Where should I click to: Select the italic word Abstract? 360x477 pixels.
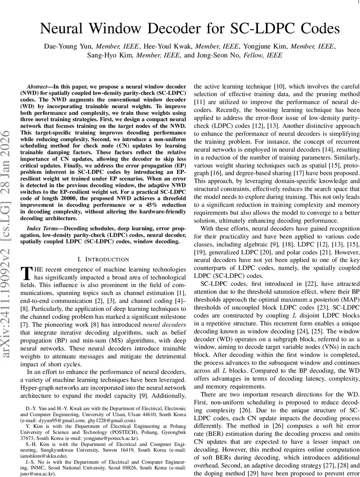[38, 86]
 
